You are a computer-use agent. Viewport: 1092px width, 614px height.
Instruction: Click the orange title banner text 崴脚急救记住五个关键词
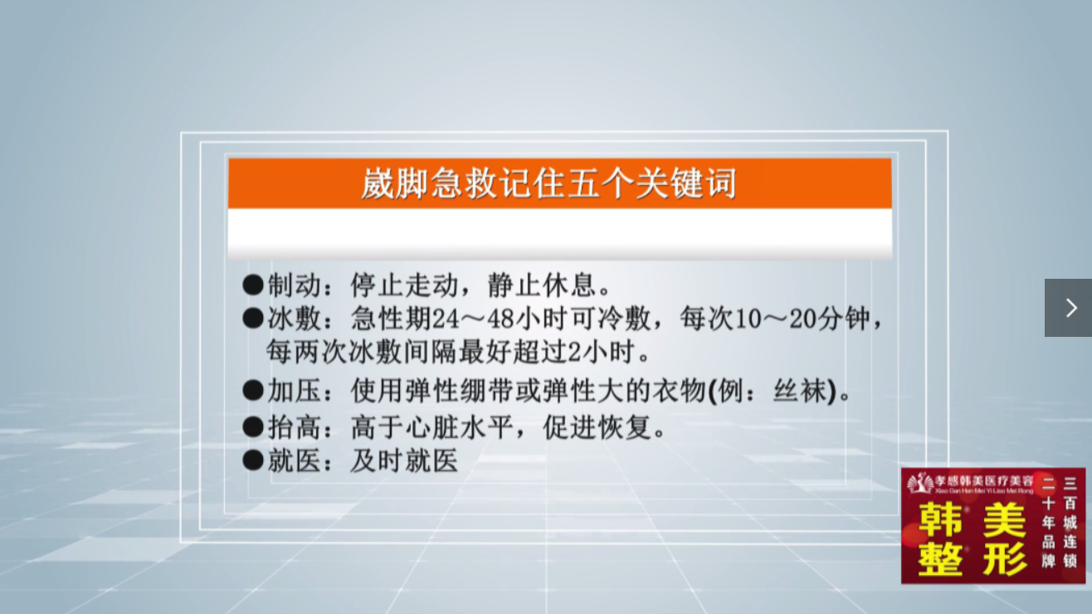pos(548,183)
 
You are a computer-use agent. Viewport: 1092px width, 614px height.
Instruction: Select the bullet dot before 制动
pos(253,285)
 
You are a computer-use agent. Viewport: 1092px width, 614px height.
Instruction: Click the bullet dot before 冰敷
pos(253,319)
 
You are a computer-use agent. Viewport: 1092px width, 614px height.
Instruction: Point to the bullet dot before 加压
pos(253,391)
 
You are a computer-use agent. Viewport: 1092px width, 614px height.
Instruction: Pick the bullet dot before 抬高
pos(253,427)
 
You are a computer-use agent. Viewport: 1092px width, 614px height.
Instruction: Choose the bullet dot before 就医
pos(253,460)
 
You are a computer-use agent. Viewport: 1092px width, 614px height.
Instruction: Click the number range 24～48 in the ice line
pos(473,319)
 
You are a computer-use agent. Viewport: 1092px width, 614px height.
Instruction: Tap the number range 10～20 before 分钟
pos(775,319)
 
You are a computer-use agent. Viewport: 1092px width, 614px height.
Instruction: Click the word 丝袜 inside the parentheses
pos(800,392)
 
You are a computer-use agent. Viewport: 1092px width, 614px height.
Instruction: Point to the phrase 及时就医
pos(404,461)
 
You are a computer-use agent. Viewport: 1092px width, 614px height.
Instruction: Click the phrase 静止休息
pos(542,285)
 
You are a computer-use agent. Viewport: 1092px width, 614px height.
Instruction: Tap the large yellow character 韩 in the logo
pos(940,519)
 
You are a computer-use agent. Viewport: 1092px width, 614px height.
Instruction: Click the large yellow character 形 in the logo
pos(1005,559)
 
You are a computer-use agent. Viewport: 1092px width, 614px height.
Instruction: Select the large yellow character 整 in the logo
pos(940,559)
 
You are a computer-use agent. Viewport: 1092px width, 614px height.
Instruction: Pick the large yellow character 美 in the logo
pos(1005,519)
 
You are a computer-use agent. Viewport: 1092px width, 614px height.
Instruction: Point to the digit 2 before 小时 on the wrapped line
pos(574,352)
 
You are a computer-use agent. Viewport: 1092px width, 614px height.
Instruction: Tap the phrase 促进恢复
pos(597,427)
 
